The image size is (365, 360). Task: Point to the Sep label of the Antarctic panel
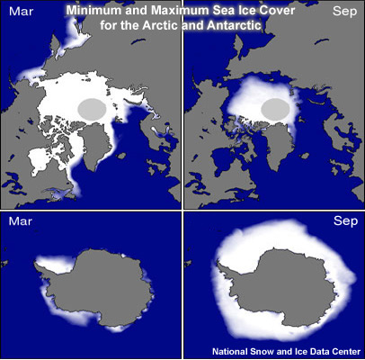coord(345,220)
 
